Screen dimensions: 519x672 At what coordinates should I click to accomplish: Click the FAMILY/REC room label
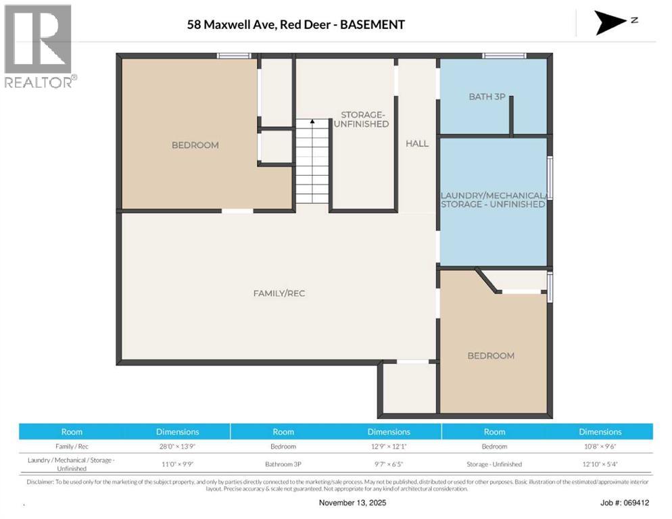pyautogui.click(x=274, y=293)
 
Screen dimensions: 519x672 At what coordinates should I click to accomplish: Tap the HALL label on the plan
pyautogui.click(x=417, y=143)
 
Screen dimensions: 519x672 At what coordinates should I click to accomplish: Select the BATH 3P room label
pyautogui.click(x=487, y=97)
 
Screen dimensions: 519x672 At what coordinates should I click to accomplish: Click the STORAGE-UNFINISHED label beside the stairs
pyautogui.click(x=364, y=119)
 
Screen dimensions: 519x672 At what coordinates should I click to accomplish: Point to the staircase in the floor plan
pyautogui.click(x=312, y=162)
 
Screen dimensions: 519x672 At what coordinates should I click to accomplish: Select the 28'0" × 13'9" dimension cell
pyautogui.click(x=177, y=447)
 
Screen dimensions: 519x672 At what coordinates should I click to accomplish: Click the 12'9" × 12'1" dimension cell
pyautogui.click(x=389, y=447)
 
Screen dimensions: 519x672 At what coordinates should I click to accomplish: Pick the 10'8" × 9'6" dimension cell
pyautogui.click(x=600, y=447)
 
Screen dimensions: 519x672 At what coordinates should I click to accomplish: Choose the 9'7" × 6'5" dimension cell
pyautogui.click(x=389, y=464)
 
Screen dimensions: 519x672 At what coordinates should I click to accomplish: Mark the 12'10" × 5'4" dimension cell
pyautogui.click(x=600, y=464)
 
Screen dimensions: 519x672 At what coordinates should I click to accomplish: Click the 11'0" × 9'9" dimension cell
pyautogui.click(x=177, y=464)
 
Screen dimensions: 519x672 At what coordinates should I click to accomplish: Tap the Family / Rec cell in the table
pyautogui.click(x=72, y=447)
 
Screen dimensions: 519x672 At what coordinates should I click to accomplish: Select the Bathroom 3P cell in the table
pyautogui.click(x=283, y=464)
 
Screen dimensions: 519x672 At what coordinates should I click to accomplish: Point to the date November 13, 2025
pyautogui.click(x=353, y=503)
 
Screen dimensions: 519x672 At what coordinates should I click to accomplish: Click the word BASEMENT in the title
pyautogui.click(x=373, y=25)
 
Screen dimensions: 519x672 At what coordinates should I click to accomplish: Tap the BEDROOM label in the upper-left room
pyautogui.click(x=195, y=145)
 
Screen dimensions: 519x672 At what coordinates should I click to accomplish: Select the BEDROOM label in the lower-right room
pyautogui.click(x=491, y=355)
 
